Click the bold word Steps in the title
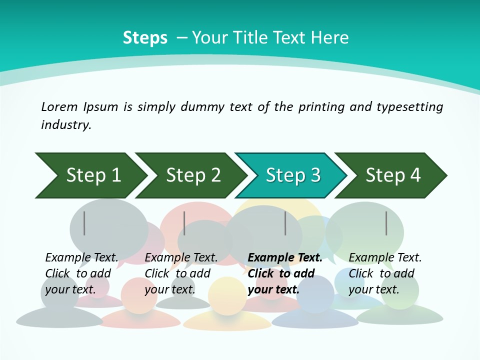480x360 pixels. pos(145,38)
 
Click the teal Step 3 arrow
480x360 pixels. pos(291,175)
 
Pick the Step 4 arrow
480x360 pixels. pos(391,175)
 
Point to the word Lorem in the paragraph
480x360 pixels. pos(58,107)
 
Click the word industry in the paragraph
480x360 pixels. pos(65,125)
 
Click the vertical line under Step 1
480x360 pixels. pos(84,223)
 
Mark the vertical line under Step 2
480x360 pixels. pos(184,223)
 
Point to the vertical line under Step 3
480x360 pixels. pos(285,223)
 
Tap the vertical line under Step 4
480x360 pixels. pos(386,223)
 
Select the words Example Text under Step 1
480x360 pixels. pos(81,258)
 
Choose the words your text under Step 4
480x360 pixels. pos(373,289)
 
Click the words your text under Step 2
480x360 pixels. pos(169,289)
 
